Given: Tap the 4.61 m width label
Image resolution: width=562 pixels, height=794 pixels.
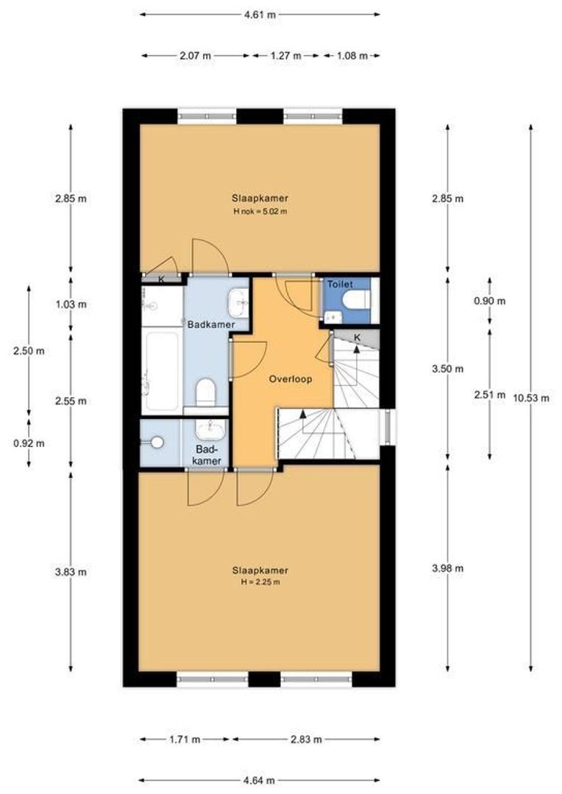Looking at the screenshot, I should click(x=260, y=14).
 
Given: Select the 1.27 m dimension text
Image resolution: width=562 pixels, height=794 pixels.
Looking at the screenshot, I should click(x=285, y=55).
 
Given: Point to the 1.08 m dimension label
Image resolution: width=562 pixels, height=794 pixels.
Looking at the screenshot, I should click(x=352, y=55).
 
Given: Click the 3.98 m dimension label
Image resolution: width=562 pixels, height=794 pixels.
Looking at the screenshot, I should click(x=447, y=568).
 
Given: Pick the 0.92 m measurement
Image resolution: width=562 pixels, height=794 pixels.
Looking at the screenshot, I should click(x=29, y=443).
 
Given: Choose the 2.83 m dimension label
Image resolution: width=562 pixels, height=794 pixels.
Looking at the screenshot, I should click(x=306, y=740).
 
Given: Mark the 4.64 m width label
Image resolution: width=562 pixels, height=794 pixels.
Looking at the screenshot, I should click(x=260, y=780).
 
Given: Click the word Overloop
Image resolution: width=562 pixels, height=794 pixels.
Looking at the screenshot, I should click(x=290, y=380).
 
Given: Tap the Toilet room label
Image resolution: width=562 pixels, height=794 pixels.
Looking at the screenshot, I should click(x=340, y=284).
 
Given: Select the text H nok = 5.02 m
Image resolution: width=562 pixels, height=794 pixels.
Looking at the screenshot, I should click(x=260, y=212).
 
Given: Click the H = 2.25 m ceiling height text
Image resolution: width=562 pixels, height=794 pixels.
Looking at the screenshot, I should click(x=260, y=582).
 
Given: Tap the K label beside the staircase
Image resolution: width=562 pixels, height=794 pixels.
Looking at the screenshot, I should click(x=358, y=337).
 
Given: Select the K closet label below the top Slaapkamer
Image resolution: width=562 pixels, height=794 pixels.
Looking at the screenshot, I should click(x=162, y=279).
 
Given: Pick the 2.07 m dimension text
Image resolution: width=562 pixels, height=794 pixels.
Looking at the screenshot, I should click(x=196, y=55).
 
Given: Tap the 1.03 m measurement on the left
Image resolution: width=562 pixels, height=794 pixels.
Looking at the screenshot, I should click(x=71, y=304).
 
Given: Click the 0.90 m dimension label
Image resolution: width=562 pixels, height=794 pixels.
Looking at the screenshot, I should click(x=491, y=301).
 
